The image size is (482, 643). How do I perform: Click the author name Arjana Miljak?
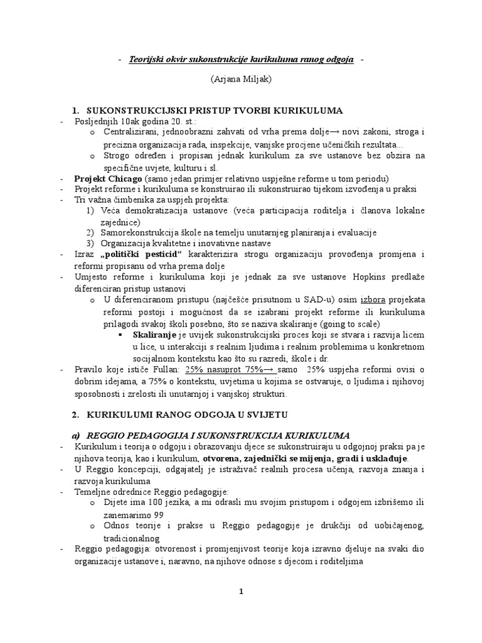240,80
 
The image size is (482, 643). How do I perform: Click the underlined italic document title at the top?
241,59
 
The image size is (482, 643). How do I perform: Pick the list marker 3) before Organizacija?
91,243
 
